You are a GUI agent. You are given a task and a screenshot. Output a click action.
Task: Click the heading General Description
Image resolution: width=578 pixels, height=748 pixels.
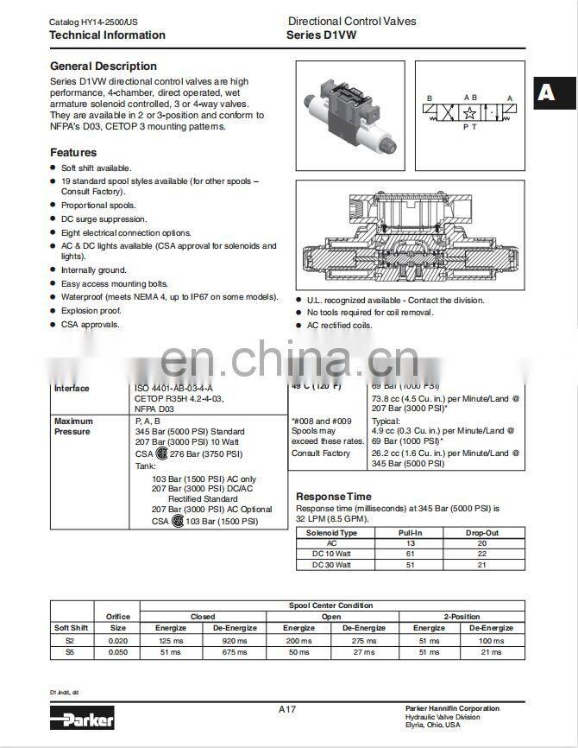pyautogui.click(x=104, y=66)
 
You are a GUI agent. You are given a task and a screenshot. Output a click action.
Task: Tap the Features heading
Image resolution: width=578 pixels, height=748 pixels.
pyautogui.click(x=73, y=152)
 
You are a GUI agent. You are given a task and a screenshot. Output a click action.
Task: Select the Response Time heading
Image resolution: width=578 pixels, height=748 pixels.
pyautogui.click(x=334, y=497)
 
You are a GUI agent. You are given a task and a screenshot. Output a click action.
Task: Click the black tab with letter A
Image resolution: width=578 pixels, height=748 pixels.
pyautogui.click(x=546, y=92)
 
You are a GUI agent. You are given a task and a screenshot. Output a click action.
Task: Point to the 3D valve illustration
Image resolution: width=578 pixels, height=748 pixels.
pyautogui.click(x=349, y=115)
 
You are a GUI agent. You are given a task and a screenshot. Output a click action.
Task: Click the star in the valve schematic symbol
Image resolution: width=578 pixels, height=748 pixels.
pyautogui.click(x=469, y=113)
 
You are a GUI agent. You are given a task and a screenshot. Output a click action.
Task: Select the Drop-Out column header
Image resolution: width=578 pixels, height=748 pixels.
pyautogui.click(x=481, y=533)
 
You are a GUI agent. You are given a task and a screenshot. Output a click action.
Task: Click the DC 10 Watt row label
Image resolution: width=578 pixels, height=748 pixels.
pyautogui.click(x=331, y=554)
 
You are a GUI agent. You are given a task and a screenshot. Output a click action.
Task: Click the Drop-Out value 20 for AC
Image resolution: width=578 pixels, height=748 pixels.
pyautogui.click(x=481, y=543)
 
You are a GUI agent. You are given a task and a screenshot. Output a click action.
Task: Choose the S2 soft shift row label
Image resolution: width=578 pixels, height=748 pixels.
pyautogui.click(x=70, y=642)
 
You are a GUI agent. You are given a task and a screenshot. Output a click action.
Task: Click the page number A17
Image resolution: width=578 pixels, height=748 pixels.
pyautogui.click(x=287, y=709)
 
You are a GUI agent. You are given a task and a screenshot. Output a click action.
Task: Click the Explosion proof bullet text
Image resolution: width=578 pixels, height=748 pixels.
pyautogui.click(x=91, y=311)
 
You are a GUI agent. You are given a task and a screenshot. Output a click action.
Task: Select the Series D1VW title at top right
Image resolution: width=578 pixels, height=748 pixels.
pyautogui.click(x=321, y=35)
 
